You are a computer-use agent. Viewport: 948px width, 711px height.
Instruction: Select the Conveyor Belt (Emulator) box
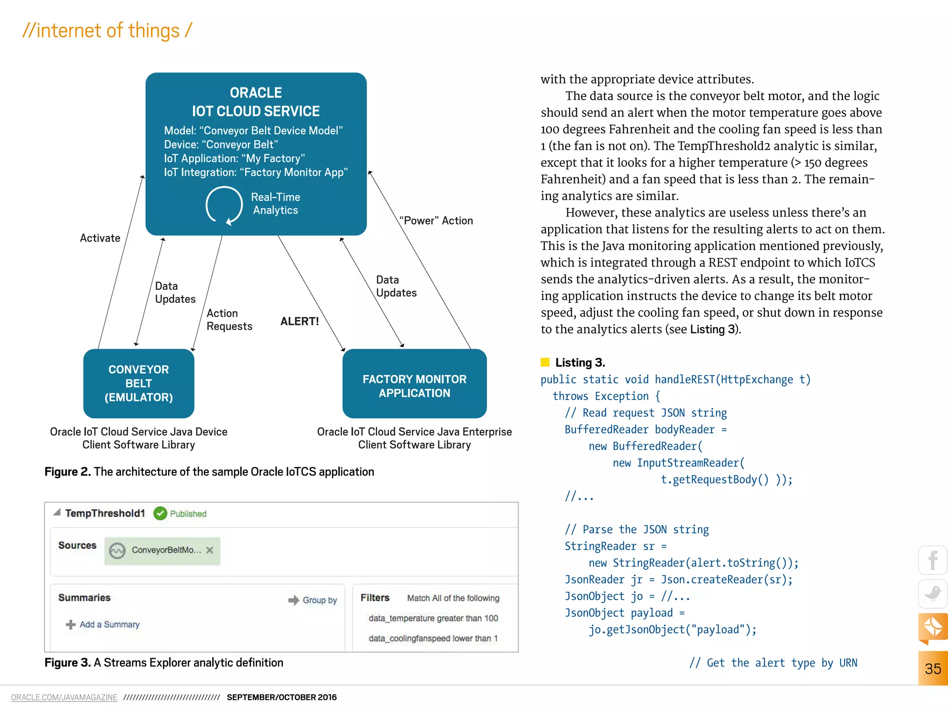[138, 383]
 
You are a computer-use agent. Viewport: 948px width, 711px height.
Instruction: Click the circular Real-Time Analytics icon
[224, 205]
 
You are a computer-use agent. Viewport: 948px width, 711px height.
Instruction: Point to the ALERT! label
[299, 321]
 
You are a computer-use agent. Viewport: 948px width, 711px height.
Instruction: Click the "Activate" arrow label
[100, 238]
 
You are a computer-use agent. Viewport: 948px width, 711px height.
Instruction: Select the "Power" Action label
[437, 221]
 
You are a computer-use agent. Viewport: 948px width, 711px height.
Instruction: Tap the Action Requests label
[229, 320]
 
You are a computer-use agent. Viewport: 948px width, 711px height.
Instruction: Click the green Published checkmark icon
[160, 513]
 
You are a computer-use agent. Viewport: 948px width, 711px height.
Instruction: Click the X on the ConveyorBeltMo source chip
[210, 550]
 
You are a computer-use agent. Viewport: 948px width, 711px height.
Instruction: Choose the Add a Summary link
[109, 624]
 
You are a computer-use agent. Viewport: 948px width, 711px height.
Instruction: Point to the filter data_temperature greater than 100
[433, 618]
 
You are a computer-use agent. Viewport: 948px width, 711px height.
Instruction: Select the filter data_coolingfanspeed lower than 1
[433, 638]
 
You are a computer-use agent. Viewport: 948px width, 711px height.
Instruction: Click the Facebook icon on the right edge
[933, 560]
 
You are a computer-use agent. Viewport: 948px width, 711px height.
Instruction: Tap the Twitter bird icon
[933, 593]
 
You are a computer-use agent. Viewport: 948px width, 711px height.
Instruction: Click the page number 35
[933, 669]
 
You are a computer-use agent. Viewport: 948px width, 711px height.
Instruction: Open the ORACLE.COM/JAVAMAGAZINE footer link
[64, 697]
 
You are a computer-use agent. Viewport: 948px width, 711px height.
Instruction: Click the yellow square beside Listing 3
[545, 362]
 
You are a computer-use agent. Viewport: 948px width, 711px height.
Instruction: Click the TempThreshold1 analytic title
[105, 513]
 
